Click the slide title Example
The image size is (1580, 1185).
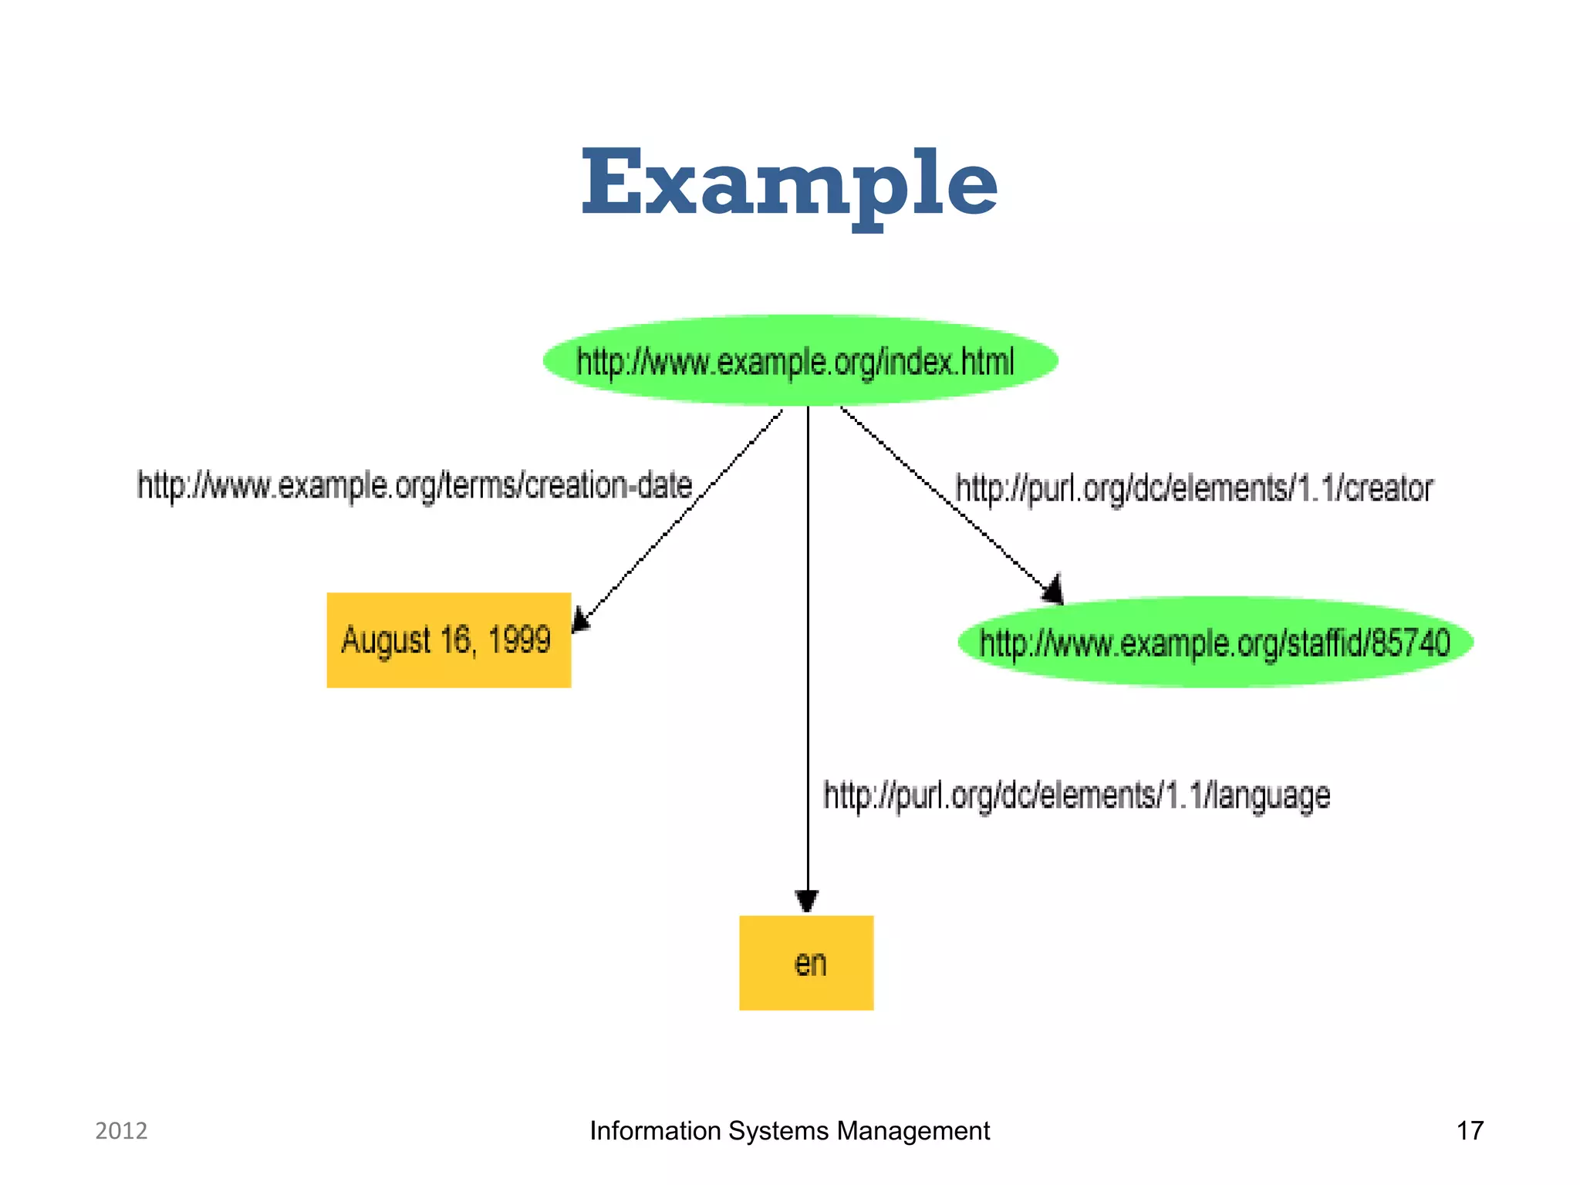789,184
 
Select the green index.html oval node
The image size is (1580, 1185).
800,360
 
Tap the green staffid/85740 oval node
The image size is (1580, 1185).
1215,642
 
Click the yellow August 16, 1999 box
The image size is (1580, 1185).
448,640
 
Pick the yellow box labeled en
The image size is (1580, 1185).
806,963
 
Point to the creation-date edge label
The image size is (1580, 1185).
415,486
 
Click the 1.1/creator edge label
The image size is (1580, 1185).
1193,489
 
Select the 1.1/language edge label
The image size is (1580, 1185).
1076,795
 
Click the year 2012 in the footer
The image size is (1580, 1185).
121,1131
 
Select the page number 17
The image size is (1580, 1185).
1469,1131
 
